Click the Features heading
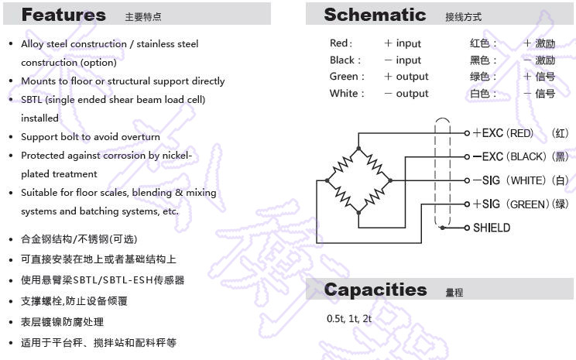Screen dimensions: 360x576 pos(63,15)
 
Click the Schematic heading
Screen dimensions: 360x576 pos(375,15)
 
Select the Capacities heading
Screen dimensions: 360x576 pos(375,290)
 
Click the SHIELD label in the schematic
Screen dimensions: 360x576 pos(492,228)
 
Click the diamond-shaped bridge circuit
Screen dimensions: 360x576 pos(358,180)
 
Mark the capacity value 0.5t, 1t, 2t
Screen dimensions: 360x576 pos(349,319)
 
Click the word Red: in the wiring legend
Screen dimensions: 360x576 pos(341,43)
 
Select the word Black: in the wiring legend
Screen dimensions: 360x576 pos(344,60)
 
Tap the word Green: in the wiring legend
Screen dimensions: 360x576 pos(345,77)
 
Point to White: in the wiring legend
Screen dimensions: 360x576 pos(345,94)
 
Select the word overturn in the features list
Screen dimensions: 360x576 pos(140,137)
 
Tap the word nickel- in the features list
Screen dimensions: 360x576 pos(175,156)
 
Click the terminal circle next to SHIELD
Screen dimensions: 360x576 pos(467,228)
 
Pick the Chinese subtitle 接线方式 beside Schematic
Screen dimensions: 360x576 pos(464,16)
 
